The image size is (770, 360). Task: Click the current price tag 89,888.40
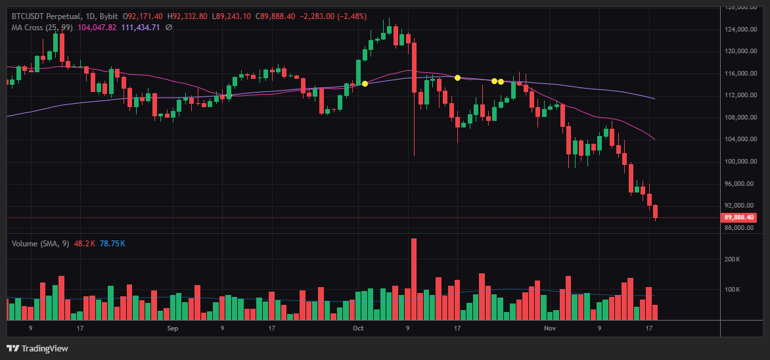point(739,217)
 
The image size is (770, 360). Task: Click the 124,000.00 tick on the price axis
point(739,30)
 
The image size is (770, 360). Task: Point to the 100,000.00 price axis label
point(739,162)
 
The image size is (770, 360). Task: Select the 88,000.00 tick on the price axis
point(739,228)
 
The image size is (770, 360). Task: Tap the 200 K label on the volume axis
point(733,259)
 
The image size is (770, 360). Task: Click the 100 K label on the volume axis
point(733,290)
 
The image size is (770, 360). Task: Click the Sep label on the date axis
point(173,327)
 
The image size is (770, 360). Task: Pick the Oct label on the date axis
point(358,327)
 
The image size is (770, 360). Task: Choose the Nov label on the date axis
point(550,327)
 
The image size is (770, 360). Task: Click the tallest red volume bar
point(414,279)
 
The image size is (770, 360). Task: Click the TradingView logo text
point(45,348)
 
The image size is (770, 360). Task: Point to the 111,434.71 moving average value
point(141,28)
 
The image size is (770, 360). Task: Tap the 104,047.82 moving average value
point(97,28)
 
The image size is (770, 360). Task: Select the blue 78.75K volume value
point(112,244)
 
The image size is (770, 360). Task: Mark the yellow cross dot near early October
point(365,83)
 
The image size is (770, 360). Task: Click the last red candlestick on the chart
point(655,212)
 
